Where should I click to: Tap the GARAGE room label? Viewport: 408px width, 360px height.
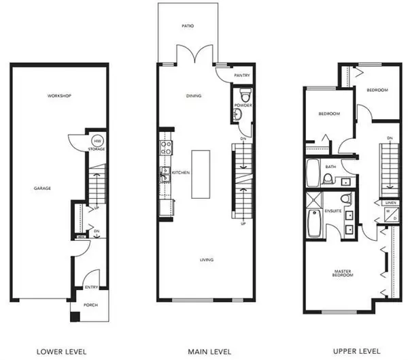43,188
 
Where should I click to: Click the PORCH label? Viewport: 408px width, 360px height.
90,305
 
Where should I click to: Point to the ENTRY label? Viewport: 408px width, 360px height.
90,287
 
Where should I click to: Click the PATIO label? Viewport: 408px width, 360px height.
188,26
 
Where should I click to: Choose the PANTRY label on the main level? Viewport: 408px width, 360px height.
239,76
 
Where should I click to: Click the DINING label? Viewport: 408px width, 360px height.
194,95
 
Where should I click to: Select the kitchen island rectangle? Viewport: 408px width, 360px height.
200,174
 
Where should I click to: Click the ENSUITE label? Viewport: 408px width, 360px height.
333,211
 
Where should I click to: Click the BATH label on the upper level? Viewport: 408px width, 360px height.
331,166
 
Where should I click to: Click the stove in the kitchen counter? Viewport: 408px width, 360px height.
164,144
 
